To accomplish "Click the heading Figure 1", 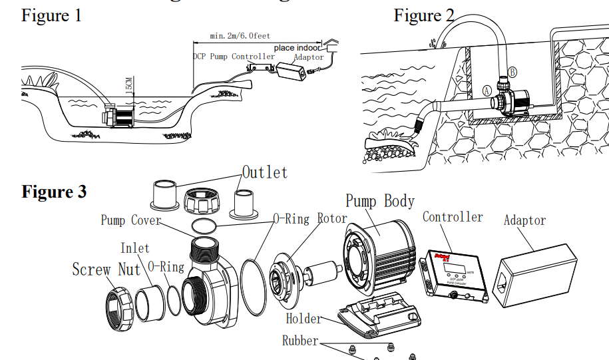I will [x=51, y=15].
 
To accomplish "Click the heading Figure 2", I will [x=424, y=15].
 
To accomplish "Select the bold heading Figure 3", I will [x=54, y=192].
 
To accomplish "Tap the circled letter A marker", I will [x=487, y=90].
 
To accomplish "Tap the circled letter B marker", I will [x=512, y=71].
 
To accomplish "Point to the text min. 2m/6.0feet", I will [x=240, y=35].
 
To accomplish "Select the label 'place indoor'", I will [x=297, y=48].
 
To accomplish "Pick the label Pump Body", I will [x=380, y=201].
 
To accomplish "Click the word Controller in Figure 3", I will [x=453, y=217].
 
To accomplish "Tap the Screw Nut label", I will [x=106, y=270].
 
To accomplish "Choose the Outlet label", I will [x=265, y=172].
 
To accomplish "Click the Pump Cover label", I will [x=131, y=220].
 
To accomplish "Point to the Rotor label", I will [x=331, y=218].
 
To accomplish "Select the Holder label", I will [x=304, y=319].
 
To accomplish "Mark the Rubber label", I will [x=300, y=341].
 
